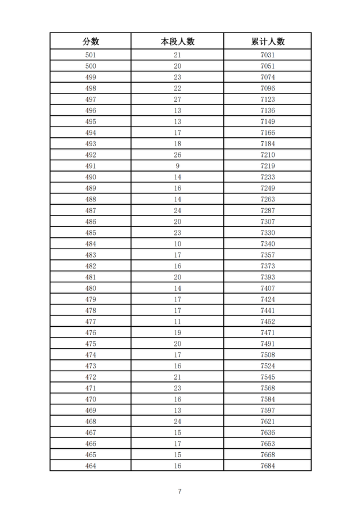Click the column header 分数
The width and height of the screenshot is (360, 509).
(x=91, y=41)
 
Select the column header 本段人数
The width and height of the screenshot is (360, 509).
(x=177, y=41)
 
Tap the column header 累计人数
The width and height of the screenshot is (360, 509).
(x=267, y=41)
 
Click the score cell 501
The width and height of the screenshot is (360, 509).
(x=91, y=55)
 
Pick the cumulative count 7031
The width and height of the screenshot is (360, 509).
(x=267, y=55)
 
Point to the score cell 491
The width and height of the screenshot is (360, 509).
(x=91, y=166)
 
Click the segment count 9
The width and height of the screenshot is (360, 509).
(x=177, y=166)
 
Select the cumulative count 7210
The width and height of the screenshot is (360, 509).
(x=267, y=155)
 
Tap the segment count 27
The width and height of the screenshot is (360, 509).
(x=177, y=100)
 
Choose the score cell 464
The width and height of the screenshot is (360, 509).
(x=91, y=466)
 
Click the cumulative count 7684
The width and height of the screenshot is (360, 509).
(x=267, y=466)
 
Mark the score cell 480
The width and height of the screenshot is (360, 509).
(x=91, y=288)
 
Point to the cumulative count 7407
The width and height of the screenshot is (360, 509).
(x=267, y=288)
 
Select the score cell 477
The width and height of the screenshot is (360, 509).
(x=91, y=322)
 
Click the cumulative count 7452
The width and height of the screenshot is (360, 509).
(x=267, y=322)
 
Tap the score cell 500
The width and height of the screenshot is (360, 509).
(x=91, y=66)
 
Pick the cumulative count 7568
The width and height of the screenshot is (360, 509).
(x=267, y=388)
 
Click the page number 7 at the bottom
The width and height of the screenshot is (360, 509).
(x=179, y=492)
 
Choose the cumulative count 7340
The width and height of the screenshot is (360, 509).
(x=267, y=244)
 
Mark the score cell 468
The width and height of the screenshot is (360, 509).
(x=91, y=421)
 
